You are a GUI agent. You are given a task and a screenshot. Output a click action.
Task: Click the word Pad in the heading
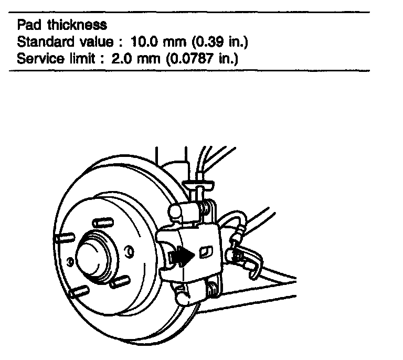27,25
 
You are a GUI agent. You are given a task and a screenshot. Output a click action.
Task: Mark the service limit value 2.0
121,57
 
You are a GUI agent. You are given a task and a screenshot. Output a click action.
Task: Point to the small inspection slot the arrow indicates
205,252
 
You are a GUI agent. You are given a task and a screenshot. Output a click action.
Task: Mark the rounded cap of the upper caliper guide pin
176,211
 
